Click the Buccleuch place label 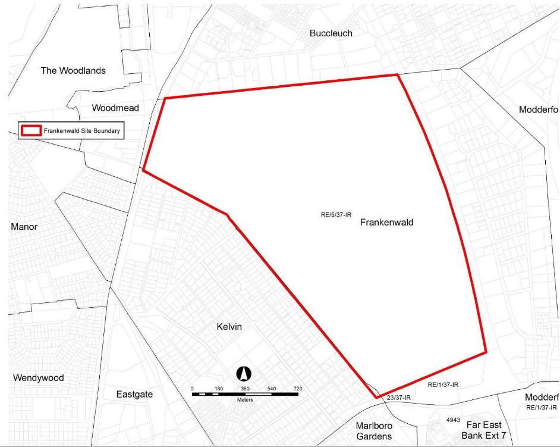coord(331,33)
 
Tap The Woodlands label coord(73,71)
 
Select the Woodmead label coord(115,108)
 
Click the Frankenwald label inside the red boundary coord(386,223)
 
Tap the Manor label coord(24,227)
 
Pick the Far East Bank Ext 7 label coord(484,430)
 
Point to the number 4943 coord(453,420)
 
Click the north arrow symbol coord(244,374)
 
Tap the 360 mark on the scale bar coord(245,389)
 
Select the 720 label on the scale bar coord(297,389)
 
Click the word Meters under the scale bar coord(244,400)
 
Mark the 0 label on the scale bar coord(192,389)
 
